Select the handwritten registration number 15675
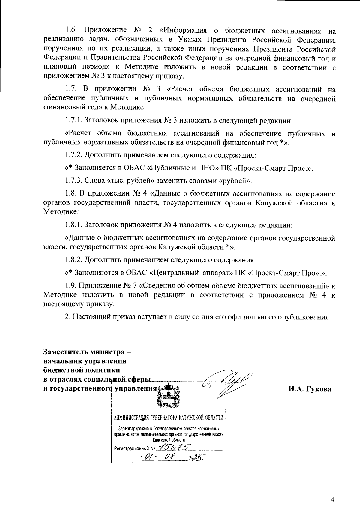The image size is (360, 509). (x=174, y=448)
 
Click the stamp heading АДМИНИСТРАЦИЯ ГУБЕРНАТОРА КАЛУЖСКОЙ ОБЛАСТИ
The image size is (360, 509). (x=169, y=418)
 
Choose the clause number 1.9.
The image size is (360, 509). (x=72, y=285)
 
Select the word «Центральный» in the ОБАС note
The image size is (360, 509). (x=174, y=273)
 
